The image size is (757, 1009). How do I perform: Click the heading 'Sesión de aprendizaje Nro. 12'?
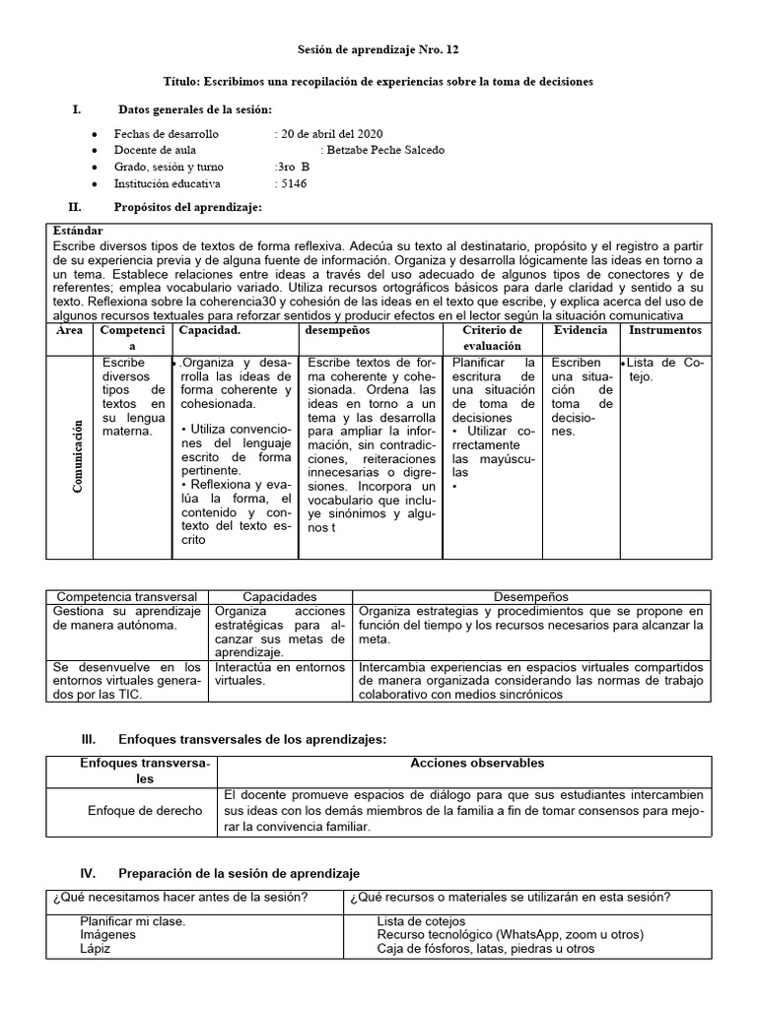[378, 49]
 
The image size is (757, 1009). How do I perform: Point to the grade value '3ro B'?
[285, 167]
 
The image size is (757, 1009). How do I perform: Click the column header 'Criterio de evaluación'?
[492, 338]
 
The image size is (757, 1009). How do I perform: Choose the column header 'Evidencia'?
[581, 330]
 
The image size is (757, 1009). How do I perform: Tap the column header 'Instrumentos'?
[665, 330]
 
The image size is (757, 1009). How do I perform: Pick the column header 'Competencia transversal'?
[128, 597]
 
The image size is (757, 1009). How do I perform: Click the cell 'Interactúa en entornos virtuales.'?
[281, 674]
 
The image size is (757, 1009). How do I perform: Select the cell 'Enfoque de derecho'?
[144, 810]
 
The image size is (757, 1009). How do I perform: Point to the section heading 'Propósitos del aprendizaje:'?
[187, 208]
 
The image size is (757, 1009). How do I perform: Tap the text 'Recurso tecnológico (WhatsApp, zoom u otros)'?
[509, 934]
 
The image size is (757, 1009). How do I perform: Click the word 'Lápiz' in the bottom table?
[96, 949]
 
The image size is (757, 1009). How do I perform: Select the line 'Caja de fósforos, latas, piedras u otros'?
[486, 949]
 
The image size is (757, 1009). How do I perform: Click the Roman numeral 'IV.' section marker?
[88, 873]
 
